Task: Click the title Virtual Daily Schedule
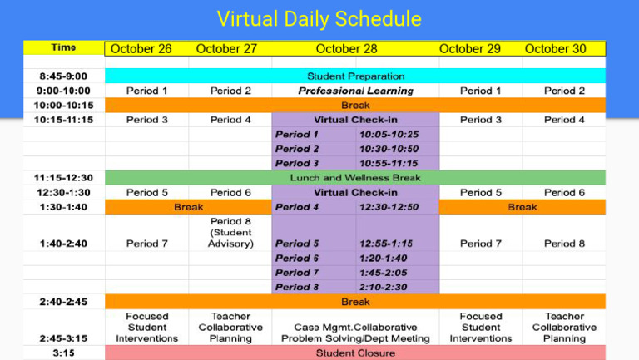tap(319, 18)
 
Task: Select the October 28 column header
tap(346, 49)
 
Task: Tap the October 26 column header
tap(141, 49)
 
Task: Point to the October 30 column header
tap(556, 49)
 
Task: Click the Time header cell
tap(63, 48)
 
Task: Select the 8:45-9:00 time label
tap(63, 76)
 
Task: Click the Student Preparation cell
tap(355, 76)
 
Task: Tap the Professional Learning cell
tap(355, 91)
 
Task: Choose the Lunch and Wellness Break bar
tap(355, 178)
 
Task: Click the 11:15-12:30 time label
tap(63, 178)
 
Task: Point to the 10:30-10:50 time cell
tap(389, 149)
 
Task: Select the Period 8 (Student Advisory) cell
tap(230, 234)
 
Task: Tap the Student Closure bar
tap(355, 353)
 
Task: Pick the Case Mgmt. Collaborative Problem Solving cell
tap(355, 333)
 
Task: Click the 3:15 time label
tap(63, 353)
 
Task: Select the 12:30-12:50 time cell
tap(389, 207)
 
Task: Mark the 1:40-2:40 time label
tap(63, 244)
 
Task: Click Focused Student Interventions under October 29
tap(481, 328)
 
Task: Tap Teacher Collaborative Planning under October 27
tap(230, 328)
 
